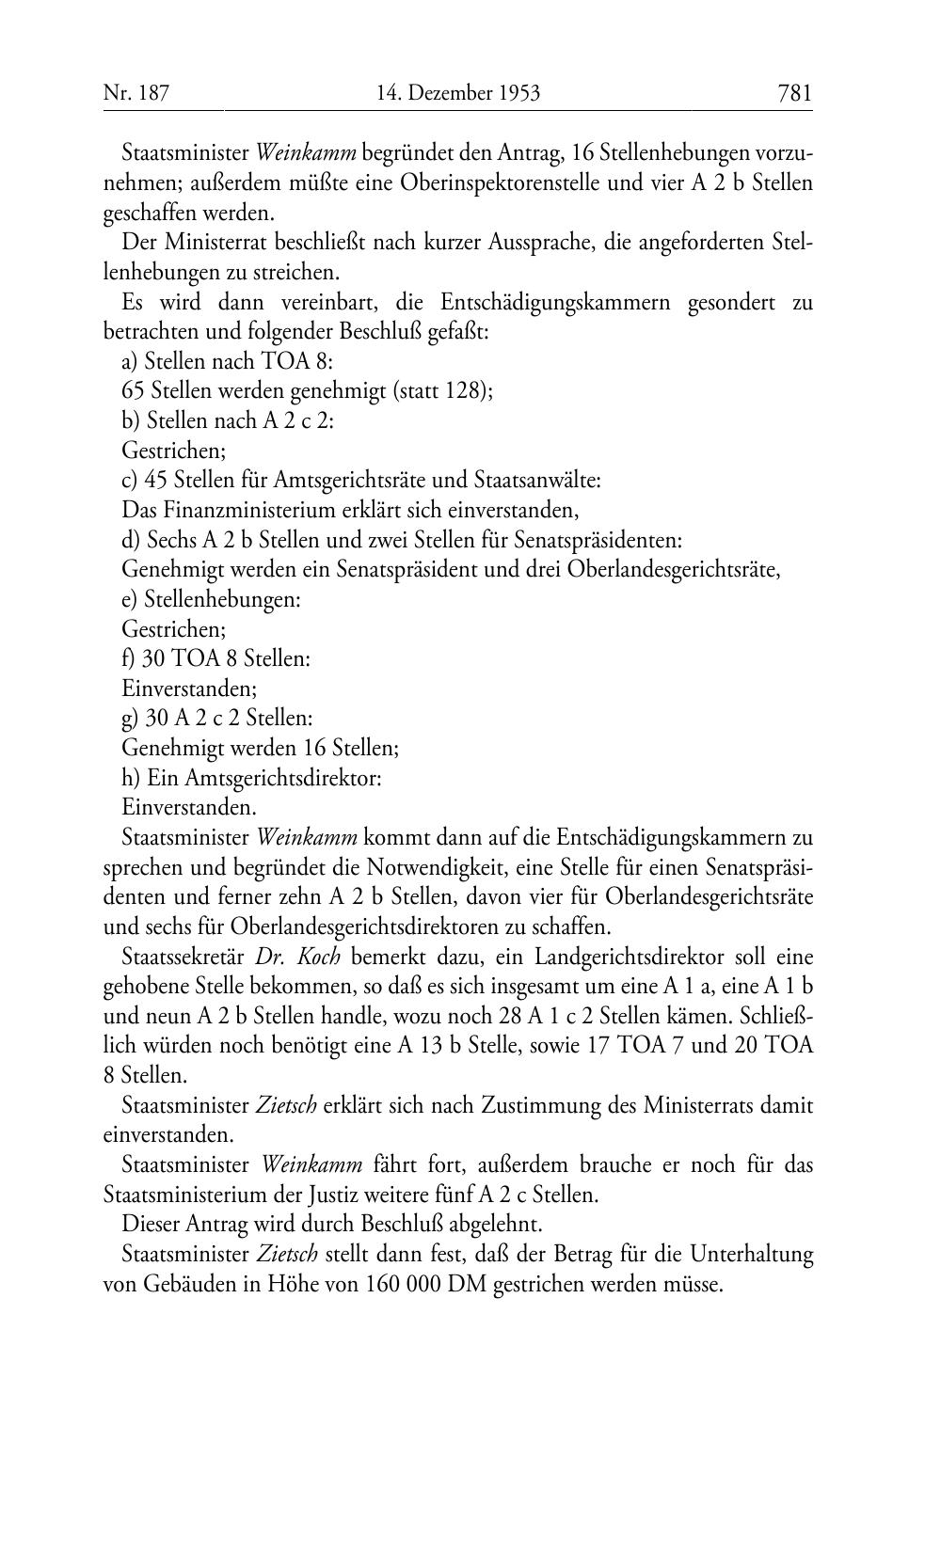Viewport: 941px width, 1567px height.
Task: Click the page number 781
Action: point(794,92)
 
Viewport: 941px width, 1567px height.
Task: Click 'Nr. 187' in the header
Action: point(136,92)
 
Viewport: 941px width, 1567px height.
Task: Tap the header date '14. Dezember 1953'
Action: point(457,92)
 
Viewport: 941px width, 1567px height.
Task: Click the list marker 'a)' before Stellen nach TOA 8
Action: point(131,360)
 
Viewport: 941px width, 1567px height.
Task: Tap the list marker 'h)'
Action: point(132,778)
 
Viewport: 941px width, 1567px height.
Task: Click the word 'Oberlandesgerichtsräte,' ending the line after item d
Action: point(674,570)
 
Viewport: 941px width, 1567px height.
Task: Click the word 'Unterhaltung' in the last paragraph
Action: point(752,1255)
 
